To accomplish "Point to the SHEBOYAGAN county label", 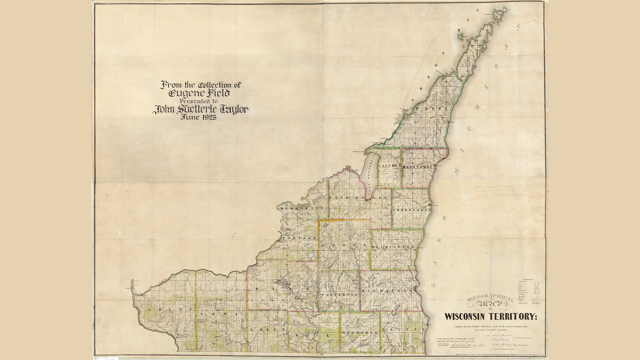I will click(x=412, y=210).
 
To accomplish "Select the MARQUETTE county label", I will click(x=300, y=208).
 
